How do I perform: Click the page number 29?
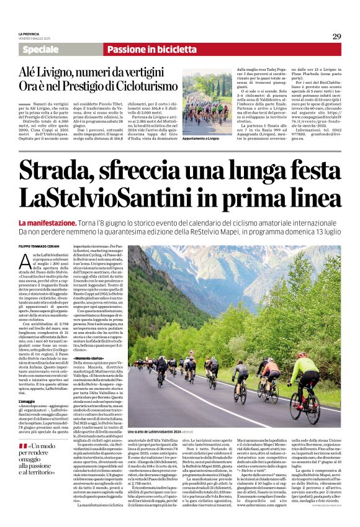(337, 37)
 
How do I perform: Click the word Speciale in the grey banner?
(41, 50)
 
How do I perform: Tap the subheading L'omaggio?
(27, 384)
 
